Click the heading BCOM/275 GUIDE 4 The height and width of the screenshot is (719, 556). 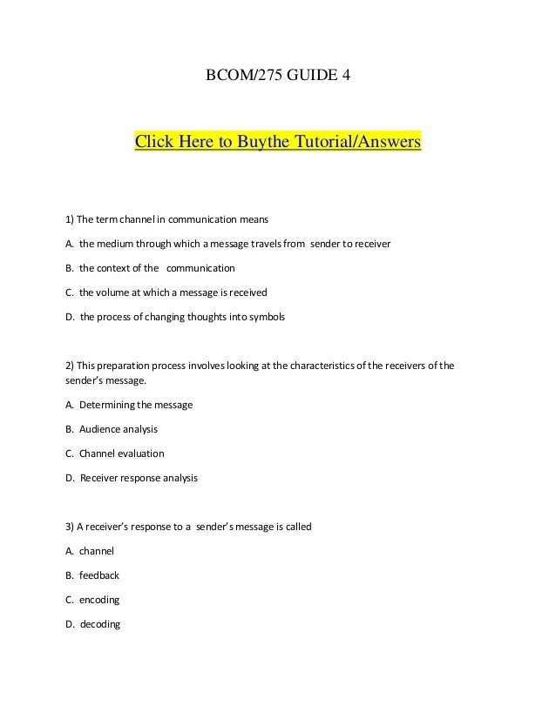(277, 77)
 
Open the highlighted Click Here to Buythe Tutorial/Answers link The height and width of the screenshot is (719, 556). (277, 141)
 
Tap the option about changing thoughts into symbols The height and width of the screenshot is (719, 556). (175, 317)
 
